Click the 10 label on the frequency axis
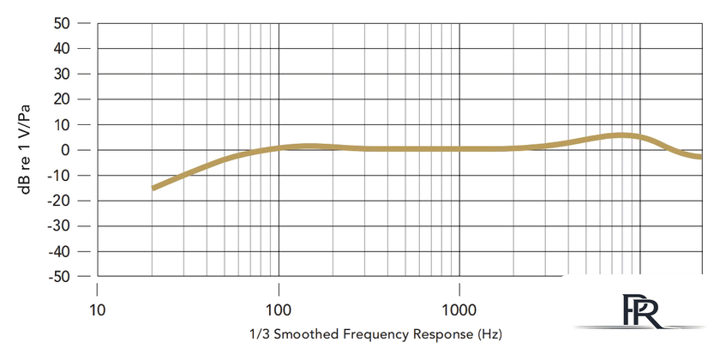[x=97, y=309]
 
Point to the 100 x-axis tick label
[x=279, y=309]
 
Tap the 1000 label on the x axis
[x=460, y=309]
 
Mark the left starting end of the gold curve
[x=153, y=188]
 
